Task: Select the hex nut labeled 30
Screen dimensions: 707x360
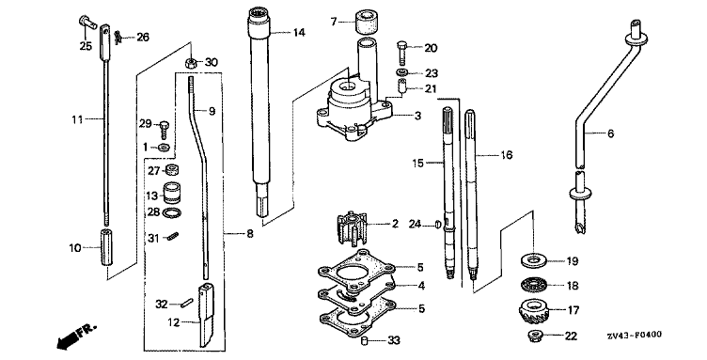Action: [x=191, y=62]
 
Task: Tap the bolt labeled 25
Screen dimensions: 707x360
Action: [x=87, y=23]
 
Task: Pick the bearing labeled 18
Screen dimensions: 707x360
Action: [x=533, y=285]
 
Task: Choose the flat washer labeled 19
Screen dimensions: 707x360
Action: [x=533, y=260]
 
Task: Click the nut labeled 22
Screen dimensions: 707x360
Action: [x=535, y=336]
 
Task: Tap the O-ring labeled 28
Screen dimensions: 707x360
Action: [x=171, y=212]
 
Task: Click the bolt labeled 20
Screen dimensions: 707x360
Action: [x=402, y=53]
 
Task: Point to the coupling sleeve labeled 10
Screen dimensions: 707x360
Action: [x=105, y=248]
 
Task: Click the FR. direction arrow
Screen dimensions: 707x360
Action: [x=76, y=336]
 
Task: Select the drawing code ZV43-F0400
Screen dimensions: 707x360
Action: [x=634, y=335]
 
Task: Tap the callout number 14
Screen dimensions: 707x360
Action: [x=299, y=33]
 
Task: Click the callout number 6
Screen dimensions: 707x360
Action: [x=610, y=133]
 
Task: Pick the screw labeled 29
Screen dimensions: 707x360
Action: [x=165, y=130]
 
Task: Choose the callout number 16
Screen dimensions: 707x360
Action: [x=507, y=155]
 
